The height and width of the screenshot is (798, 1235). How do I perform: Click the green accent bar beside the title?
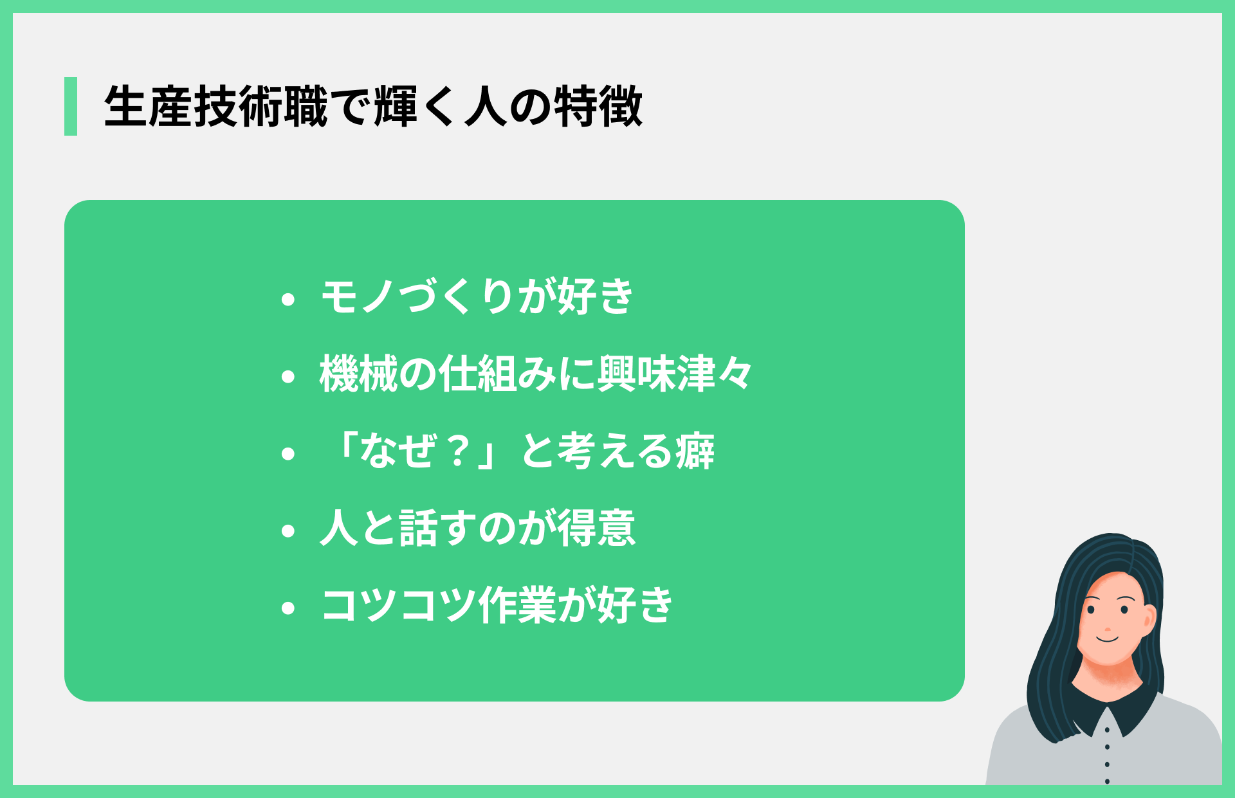pyautogui.click(x=71, y=106)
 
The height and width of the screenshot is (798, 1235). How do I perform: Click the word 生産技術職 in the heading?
pyautogui.click(x=216, y=106)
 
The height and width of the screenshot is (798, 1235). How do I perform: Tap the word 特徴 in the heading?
pyautogui.click(x=598, y=106)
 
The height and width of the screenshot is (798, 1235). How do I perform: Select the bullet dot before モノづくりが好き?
pyautogui.click(x=288, y=299)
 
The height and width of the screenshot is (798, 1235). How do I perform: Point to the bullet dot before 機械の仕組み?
pyautogui.click(x=288, y=376)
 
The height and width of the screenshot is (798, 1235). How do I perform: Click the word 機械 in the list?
pyautogui.click(x=359, y=374)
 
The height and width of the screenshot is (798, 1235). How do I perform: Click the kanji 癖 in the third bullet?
pyautogui.click(x=695, y=451)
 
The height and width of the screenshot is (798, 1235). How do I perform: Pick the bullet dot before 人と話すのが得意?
pyautogui.click(x=288, y=530)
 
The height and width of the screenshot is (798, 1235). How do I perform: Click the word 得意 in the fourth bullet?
pyautogui.click(x=596, y=529)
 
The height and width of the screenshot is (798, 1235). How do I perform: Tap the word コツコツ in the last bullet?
pyautogui.click(x=399, y=606)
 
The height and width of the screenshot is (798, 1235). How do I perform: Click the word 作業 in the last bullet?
pyautogui.click(x=517, y=606)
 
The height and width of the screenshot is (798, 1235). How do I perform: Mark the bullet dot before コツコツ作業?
pyautogui.click(x=288, y=608)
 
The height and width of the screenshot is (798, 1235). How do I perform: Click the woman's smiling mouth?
pyautogui.click(x=1108, y=639)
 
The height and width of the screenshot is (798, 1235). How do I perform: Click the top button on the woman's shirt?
pyautogui.click(x=1107, y=730)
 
